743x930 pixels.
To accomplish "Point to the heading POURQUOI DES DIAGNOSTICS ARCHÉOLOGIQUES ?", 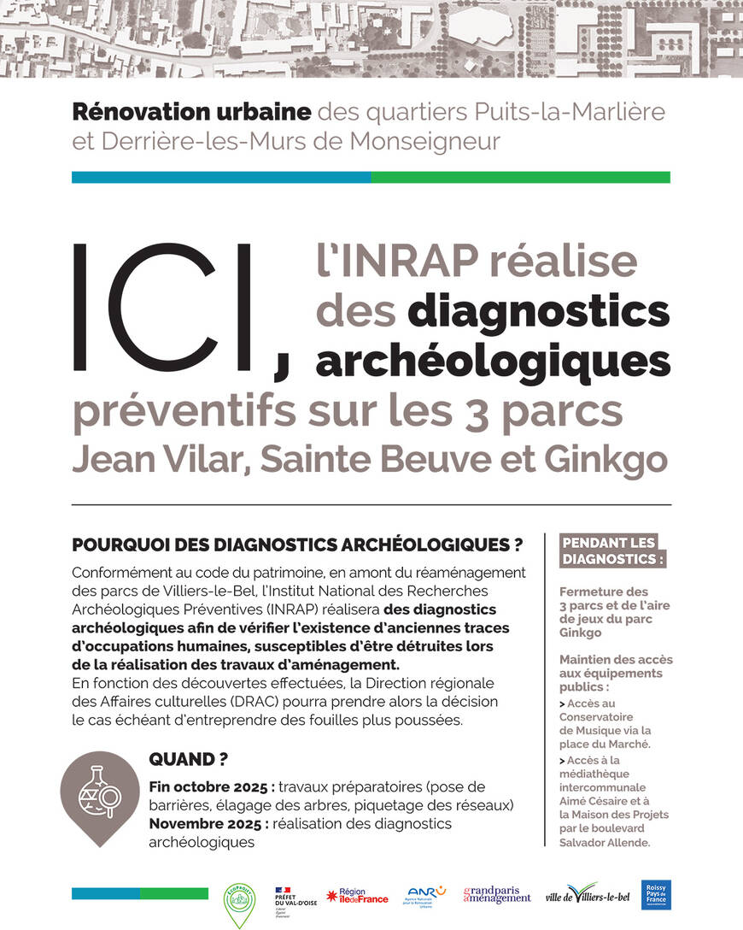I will click(x=297, y=544).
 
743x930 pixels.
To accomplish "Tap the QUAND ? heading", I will click(x=188, y=759).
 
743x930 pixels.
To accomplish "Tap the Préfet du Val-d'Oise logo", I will click(x=294, y=898).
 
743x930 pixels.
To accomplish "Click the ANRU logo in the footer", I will click(x=426, y=895).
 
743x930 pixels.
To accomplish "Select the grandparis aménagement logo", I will click(x=496, y=895).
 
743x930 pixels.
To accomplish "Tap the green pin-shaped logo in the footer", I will click(x=239, y=903).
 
